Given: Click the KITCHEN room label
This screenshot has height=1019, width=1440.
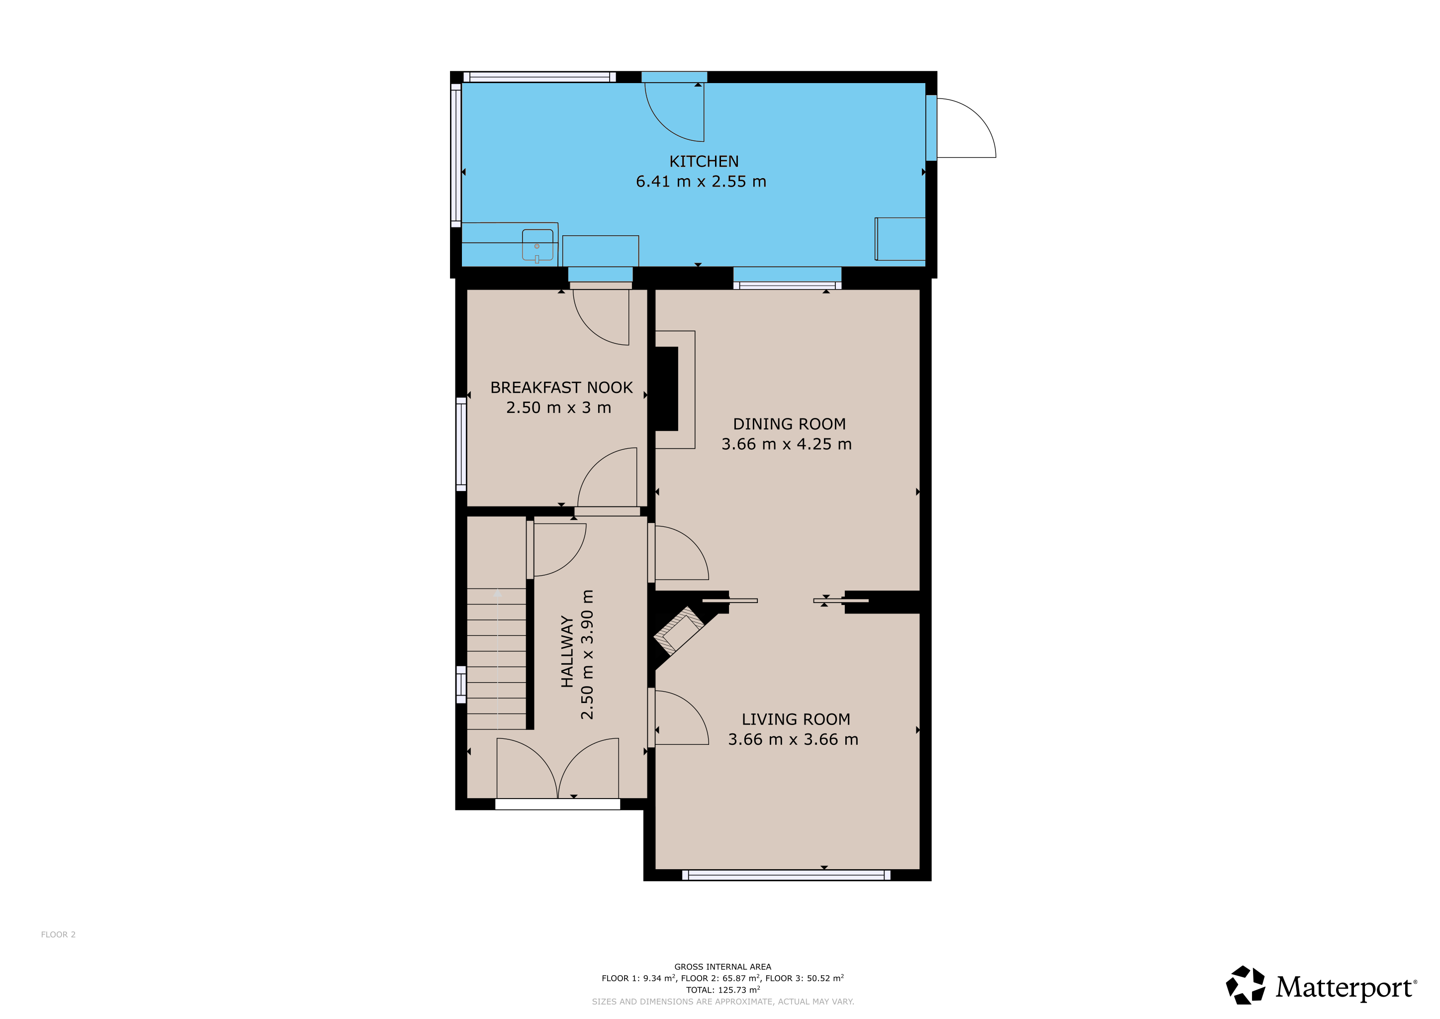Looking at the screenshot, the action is pos(704,161).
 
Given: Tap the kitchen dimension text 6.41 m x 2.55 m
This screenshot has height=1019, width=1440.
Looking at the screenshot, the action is pos(701,181).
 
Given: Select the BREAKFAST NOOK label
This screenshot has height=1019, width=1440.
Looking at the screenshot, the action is pos(561,388).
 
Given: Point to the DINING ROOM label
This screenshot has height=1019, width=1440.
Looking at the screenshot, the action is pos(790,424).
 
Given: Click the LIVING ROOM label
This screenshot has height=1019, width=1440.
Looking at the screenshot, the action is pos(796,719).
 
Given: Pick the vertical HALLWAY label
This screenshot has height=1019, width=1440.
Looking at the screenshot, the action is pos(567,651).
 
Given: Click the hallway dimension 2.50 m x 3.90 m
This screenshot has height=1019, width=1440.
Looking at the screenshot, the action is pos(587,654).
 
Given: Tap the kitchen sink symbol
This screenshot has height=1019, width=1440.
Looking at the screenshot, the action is pos(538,245).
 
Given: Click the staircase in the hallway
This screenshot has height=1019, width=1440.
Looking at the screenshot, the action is pos(496,658).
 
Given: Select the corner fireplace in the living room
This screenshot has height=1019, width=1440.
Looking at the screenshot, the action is pos(679,630).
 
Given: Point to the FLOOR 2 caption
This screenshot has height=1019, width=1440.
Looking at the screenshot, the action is pos(58,934).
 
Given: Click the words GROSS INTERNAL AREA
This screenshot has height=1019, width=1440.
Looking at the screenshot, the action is pos(722,967).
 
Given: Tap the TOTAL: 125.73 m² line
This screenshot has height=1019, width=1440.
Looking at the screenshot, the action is pos(722,990).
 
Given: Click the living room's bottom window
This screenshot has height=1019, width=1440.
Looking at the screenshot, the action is pos(786,875).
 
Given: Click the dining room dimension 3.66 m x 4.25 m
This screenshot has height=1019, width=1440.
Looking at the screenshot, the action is pos(787,444).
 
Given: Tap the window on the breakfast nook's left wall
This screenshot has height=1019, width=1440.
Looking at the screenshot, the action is pos(461,444).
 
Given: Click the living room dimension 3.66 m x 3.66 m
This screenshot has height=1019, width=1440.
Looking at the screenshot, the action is pos(793,739).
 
